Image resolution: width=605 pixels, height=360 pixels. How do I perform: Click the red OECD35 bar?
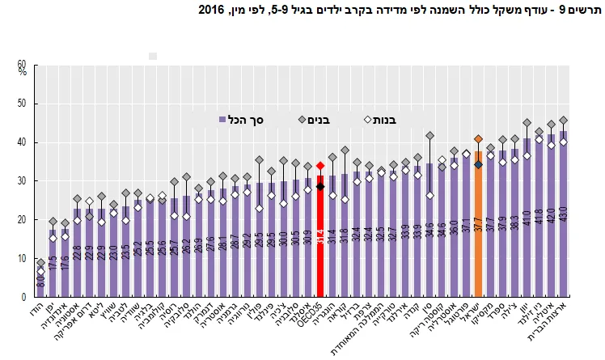320,243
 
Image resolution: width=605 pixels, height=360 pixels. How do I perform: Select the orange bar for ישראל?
478,235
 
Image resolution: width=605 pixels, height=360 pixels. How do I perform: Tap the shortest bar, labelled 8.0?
40,282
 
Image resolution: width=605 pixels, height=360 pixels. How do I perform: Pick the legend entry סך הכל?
254,119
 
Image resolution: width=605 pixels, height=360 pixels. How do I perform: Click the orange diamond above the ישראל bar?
478,139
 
